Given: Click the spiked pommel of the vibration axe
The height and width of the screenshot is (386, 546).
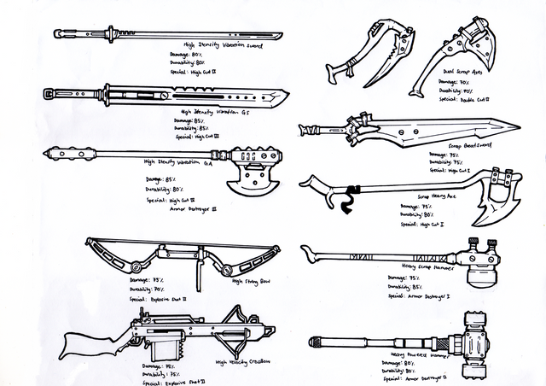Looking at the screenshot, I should [55, 153].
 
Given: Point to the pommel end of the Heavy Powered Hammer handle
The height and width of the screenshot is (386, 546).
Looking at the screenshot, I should [316, 342].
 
